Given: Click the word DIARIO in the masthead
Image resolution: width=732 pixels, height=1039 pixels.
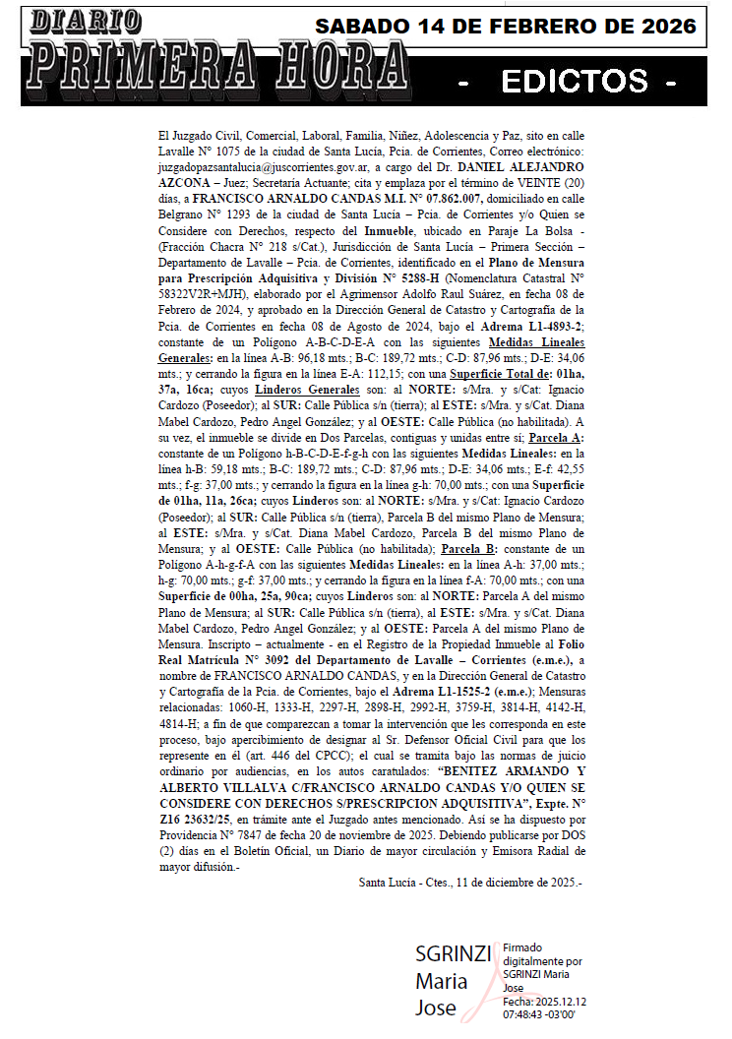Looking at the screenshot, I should (84, 21).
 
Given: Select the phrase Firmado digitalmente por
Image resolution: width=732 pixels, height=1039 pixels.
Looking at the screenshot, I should (542, 953).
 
